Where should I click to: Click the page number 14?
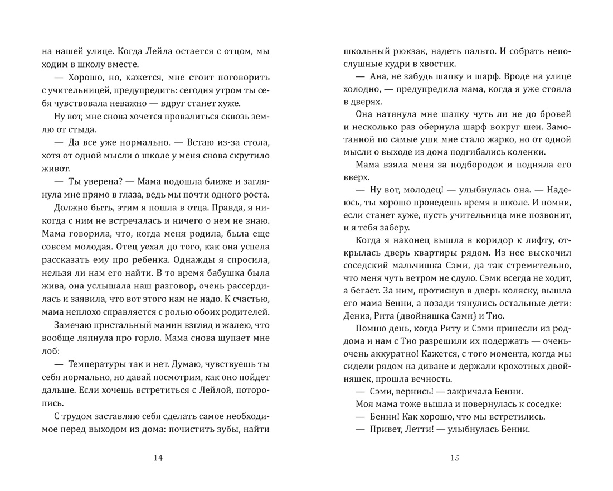tap(157, 459)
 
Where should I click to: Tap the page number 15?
tap(454, 459)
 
